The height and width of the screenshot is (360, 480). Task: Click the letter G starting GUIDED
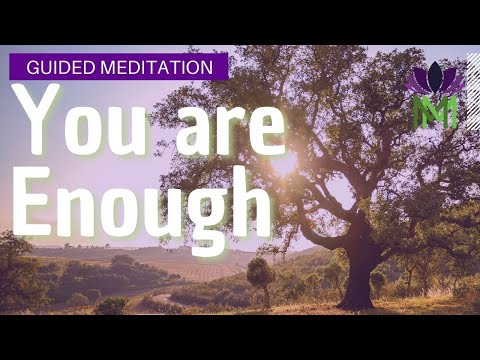(32, 67)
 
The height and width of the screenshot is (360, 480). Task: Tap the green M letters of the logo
(435, 110)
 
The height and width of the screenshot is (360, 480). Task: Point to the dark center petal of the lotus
(435, 75)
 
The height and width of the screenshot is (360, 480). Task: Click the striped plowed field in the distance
(205, 270)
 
